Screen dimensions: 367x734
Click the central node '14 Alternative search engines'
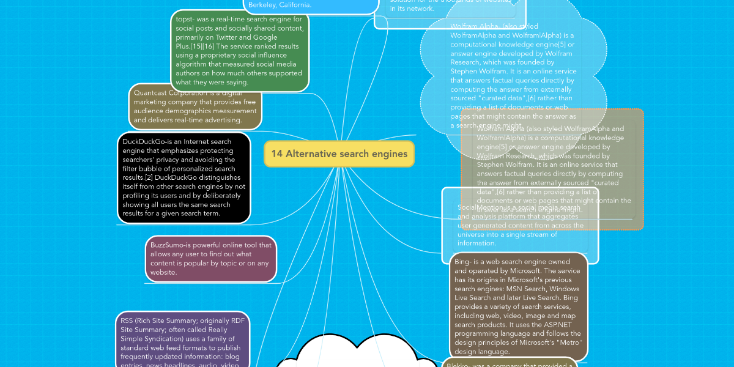339,154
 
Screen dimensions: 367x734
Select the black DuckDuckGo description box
184,178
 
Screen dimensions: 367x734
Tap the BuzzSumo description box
211,259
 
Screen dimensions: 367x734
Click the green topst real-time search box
240,51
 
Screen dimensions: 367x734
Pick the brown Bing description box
518,306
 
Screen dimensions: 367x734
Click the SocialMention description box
519,226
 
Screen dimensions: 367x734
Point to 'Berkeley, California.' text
280,5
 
